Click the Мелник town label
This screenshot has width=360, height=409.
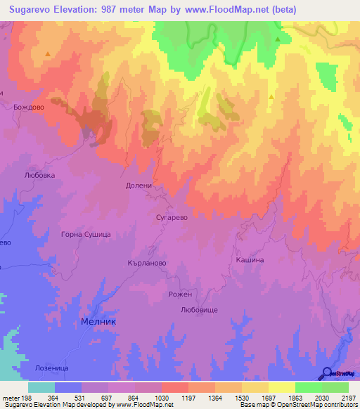98,320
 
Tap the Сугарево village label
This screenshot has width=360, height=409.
172,218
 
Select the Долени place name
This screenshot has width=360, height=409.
139,186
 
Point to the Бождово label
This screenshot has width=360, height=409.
29,107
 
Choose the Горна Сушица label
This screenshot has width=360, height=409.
86,234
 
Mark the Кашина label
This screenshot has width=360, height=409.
250,259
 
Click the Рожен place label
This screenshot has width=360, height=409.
180,295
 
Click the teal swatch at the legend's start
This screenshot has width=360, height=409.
41,387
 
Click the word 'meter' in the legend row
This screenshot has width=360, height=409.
11,397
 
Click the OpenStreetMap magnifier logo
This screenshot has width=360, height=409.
327,372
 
